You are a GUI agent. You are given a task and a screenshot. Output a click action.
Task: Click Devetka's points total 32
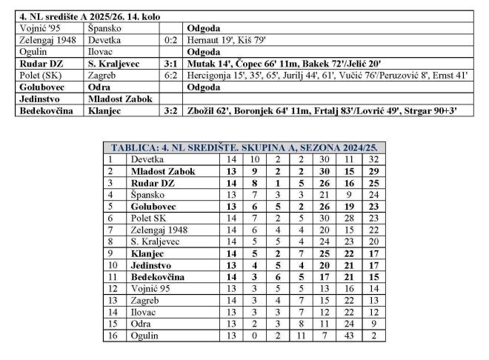tap(373, 159)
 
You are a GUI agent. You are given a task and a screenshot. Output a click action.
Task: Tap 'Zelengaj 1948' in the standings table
tap(158, 230)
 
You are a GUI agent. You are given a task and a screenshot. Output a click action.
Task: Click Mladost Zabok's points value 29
tap(373, 171)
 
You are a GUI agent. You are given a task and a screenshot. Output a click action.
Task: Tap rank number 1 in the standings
tap(110, 159)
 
